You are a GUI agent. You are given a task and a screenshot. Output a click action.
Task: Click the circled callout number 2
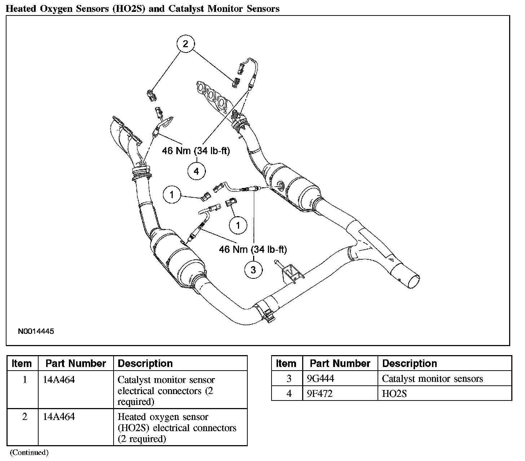click(185, 44)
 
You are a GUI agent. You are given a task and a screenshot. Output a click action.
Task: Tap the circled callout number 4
click(196, 171)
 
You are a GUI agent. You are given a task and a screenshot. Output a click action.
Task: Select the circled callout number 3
click(253, 270)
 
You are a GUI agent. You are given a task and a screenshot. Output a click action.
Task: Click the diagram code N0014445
click(36, 331)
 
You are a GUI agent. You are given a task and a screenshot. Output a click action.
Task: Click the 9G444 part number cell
click(318, 379)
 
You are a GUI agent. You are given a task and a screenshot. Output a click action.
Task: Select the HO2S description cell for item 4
click(394, 394)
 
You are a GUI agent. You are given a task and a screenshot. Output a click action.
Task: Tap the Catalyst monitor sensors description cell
click(432, 379)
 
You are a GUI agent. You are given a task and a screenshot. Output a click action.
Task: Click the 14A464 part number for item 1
click(58, 380)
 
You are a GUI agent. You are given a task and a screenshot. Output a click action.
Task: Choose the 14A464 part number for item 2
click(58, 417)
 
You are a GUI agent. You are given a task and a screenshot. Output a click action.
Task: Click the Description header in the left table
click(145, 363)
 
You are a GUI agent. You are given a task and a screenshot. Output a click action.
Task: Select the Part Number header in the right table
click(340, 363)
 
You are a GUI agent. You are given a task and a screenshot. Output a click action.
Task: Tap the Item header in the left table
click(22, 363)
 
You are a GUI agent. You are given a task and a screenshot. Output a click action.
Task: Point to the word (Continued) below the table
click(29, 452)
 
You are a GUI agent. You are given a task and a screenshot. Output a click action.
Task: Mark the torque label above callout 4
click(196, 151)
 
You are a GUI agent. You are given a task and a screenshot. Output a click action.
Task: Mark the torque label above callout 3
click(253, 249)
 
